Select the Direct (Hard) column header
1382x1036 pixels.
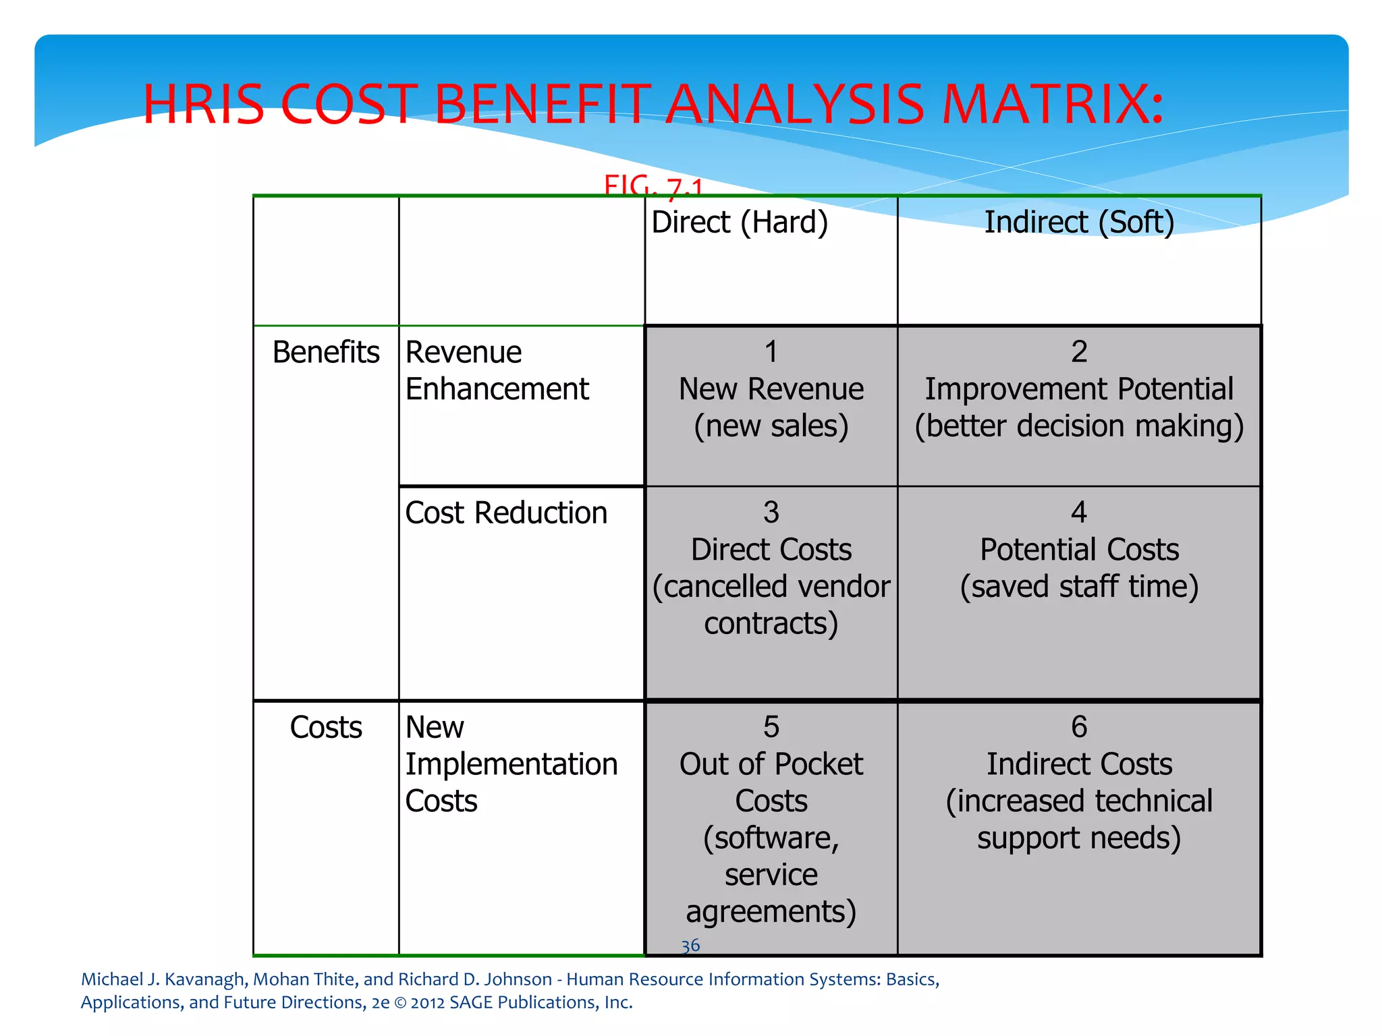(739, 223)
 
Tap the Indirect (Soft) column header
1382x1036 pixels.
(1078, 223)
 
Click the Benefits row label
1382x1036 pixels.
(326, 352)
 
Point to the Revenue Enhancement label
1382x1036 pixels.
(497, 371)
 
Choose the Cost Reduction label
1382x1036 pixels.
(506, 513)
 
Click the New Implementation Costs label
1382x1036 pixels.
(511, 764)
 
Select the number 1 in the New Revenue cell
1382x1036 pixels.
(771, 351)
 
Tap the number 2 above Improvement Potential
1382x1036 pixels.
(1078, 351)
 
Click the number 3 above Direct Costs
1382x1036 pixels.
(771, 513)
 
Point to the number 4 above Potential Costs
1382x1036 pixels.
(1078, 513)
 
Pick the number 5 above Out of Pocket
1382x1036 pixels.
(771, 727)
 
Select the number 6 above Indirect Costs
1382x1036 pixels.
(1078, 727)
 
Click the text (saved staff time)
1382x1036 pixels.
(1078, 587)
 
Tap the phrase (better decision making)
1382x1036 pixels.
(1078, 426)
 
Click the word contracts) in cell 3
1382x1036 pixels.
(771, 624)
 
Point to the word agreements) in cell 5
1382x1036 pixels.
(771, 912)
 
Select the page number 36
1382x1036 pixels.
(690, 946)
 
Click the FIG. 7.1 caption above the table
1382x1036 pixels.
(653, 185)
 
